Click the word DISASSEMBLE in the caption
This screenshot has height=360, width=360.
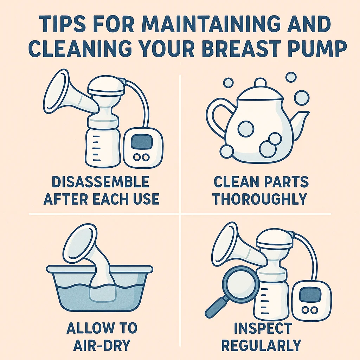pos(101,182)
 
